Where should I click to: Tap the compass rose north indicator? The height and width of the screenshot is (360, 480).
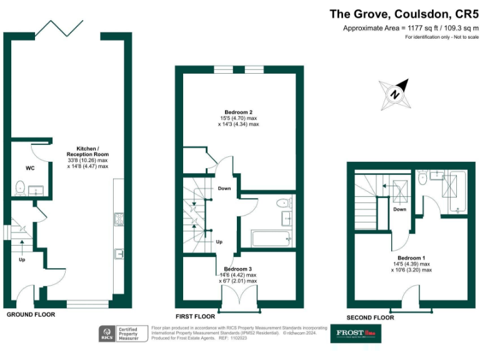pyautogui.click(x=394, y=92)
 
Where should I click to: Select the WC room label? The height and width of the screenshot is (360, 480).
pyautogui.click(x=30, y=169)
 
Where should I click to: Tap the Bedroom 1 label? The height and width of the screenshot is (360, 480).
pyautogui.click(x=411, y=257)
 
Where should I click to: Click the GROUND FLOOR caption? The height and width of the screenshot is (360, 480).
pyautogui.click(x=31, y=314)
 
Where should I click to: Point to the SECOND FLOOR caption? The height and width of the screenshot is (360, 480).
pyautogui.click(x=371, y=317)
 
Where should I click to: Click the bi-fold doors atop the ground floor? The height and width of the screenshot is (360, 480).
pyautogui.click(x=59, y=28)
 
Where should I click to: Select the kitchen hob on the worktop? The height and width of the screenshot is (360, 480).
pyautogui.click(x=117, y=219)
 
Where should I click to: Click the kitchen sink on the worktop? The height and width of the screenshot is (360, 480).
pyautogui.click(x=118, y=253)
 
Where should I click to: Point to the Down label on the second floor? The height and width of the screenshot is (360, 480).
pyautogui.click(x=400, y=209)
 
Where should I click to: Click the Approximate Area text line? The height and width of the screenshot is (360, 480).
pyautogui.click(x=410, y=28)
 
